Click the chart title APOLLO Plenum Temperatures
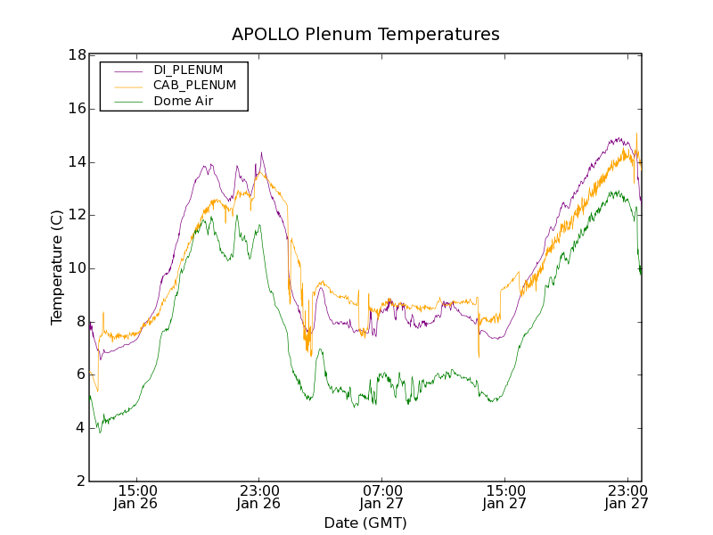[x=365, y=35]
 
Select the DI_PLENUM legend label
[x=188, y=70]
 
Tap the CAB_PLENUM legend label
[x=194, y=86]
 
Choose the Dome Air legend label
[x=183, y=102]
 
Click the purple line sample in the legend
[x=128, y=70]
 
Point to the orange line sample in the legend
[x=128, y=86]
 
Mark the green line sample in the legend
[x=128, y=102]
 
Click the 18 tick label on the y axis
[x=76, y=55]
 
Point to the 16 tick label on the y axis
[x=76, y=109]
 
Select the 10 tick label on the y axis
[x=76, y=268]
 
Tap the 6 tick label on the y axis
[x=80, y=375]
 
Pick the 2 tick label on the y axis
[x=80, y=481]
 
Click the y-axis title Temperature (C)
[x=57, y=267]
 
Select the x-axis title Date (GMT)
[x=365, y=523]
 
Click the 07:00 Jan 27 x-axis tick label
[x=382, y=497]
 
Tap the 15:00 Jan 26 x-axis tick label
[x=137, y=497]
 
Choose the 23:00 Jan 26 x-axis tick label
[x=259, y=497]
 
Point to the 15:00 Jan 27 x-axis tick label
[x=504, y=497]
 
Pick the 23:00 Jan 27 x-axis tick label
[x=627, y=497]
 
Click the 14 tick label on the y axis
[x=76, y=162]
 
